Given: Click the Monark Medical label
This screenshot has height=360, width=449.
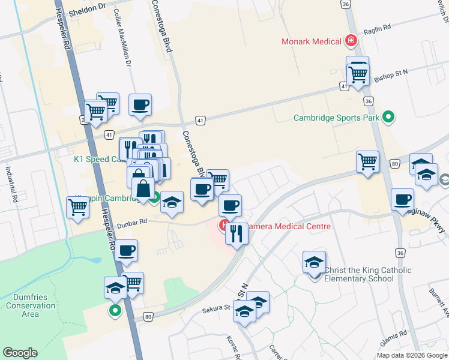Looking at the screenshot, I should tap(312, 41).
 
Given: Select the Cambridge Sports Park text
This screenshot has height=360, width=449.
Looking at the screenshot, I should tap(336, 118).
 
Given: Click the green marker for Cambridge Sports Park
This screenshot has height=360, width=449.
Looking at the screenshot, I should tap(388, 118).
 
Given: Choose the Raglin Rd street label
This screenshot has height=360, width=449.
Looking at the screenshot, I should tap(379, 27).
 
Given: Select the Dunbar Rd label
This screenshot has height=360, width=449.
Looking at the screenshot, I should tap(134, 221).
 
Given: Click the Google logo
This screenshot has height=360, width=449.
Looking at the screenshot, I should tap(20, 353).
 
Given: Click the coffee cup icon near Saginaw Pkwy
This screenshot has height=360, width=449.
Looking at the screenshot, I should tap(402, 199).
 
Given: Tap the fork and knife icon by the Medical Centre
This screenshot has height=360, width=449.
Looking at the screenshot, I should tap(237, 232).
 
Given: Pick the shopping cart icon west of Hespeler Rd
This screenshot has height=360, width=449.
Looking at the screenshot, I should tap(78, 207).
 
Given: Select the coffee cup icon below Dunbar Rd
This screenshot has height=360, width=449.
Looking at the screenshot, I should tap(125, 250).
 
